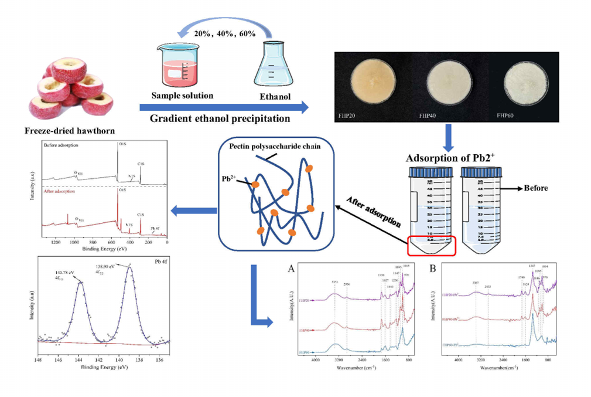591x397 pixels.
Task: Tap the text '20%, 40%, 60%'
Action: [x=226, y=33]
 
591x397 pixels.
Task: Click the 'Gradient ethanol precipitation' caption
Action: [x=220, y=118]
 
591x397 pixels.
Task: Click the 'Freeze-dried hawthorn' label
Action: [x=64, y=130]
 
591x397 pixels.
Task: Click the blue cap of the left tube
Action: [x=431, y=172]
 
